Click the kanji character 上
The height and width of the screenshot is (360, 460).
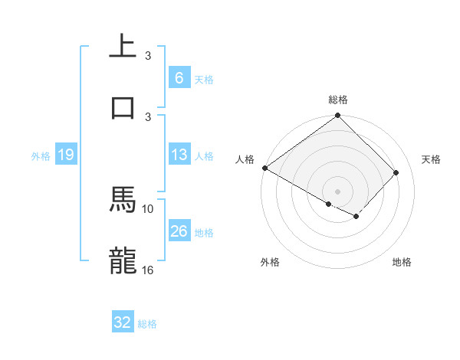point(123,47)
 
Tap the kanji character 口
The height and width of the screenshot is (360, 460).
point(123,106)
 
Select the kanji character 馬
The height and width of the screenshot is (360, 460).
point(123,200)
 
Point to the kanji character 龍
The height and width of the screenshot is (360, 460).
point(123,261)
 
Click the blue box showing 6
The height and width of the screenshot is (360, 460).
point(179,77)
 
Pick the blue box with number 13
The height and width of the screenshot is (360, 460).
point(179,155)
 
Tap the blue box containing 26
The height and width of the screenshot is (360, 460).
point(179,231)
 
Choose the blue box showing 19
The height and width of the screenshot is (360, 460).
point(65,155)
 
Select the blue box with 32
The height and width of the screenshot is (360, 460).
point(123,322)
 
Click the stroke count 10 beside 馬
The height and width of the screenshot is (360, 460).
point(148,208)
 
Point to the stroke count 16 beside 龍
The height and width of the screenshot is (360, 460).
point(148,270)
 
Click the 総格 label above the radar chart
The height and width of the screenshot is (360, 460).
point(338,100)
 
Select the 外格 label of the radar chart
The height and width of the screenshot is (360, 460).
point(270,262)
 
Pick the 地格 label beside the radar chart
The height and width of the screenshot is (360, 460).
point(402,262)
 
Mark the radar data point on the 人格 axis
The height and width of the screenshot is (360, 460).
point(264,168)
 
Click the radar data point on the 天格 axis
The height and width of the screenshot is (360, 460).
point(396,172)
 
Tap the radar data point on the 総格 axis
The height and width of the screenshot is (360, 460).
point(337,116)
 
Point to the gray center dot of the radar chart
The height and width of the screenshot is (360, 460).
point(337,191)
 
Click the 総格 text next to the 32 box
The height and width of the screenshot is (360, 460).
point(147,324)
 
